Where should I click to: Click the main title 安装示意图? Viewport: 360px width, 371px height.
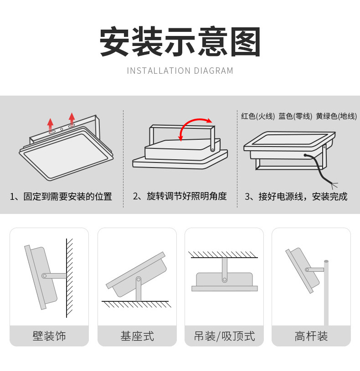point(180,42)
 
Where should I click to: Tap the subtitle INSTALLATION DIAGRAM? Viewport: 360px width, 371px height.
point(180,71)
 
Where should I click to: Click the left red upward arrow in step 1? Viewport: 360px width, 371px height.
point(50,124)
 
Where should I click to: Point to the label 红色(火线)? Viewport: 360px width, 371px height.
point(258,117)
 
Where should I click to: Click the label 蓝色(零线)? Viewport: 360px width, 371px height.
point(295,117)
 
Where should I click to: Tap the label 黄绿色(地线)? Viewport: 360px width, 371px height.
point(336,117)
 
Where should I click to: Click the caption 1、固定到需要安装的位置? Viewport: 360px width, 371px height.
point(61,197)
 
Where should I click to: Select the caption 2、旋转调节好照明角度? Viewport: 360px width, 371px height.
point(180,196)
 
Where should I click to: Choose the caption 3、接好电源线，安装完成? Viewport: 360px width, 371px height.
point(296,197)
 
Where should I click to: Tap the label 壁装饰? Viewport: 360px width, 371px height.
point(49,336)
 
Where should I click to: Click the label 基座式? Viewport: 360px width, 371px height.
point(137,336)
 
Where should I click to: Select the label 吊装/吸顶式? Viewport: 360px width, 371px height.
point(224,336)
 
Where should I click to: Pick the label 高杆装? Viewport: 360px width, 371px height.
point(311,336)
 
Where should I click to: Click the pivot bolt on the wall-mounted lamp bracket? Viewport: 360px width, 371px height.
point(44,275)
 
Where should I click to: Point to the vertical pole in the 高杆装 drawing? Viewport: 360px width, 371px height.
point(326,296)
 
